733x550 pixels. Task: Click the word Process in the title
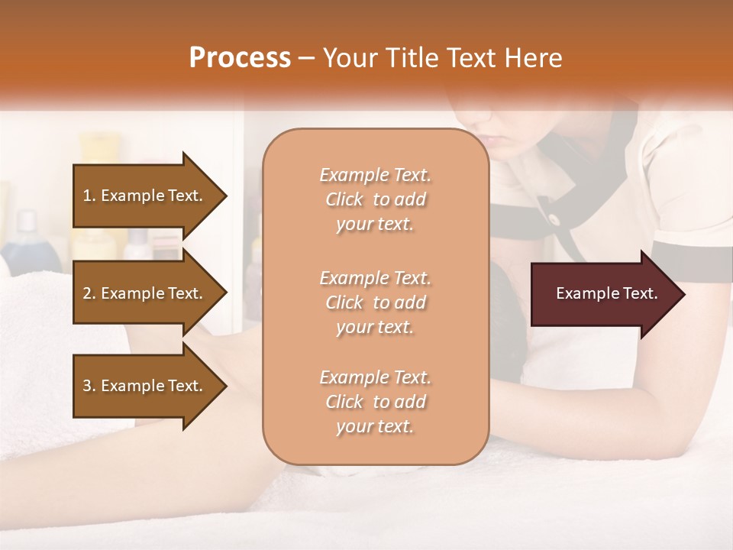coord(240,58)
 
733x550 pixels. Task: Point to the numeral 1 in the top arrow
coord(86,196)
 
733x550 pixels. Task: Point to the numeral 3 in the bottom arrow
coord(87,386)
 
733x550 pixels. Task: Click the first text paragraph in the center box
coord(375,199)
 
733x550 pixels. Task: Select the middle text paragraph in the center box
coord(375,302)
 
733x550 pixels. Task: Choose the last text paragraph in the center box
coord(375,402)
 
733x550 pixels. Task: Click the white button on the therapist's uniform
coord(553,219)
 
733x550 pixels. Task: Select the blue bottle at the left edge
coord(27,241)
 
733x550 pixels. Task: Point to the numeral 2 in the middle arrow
coord(87,293)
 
